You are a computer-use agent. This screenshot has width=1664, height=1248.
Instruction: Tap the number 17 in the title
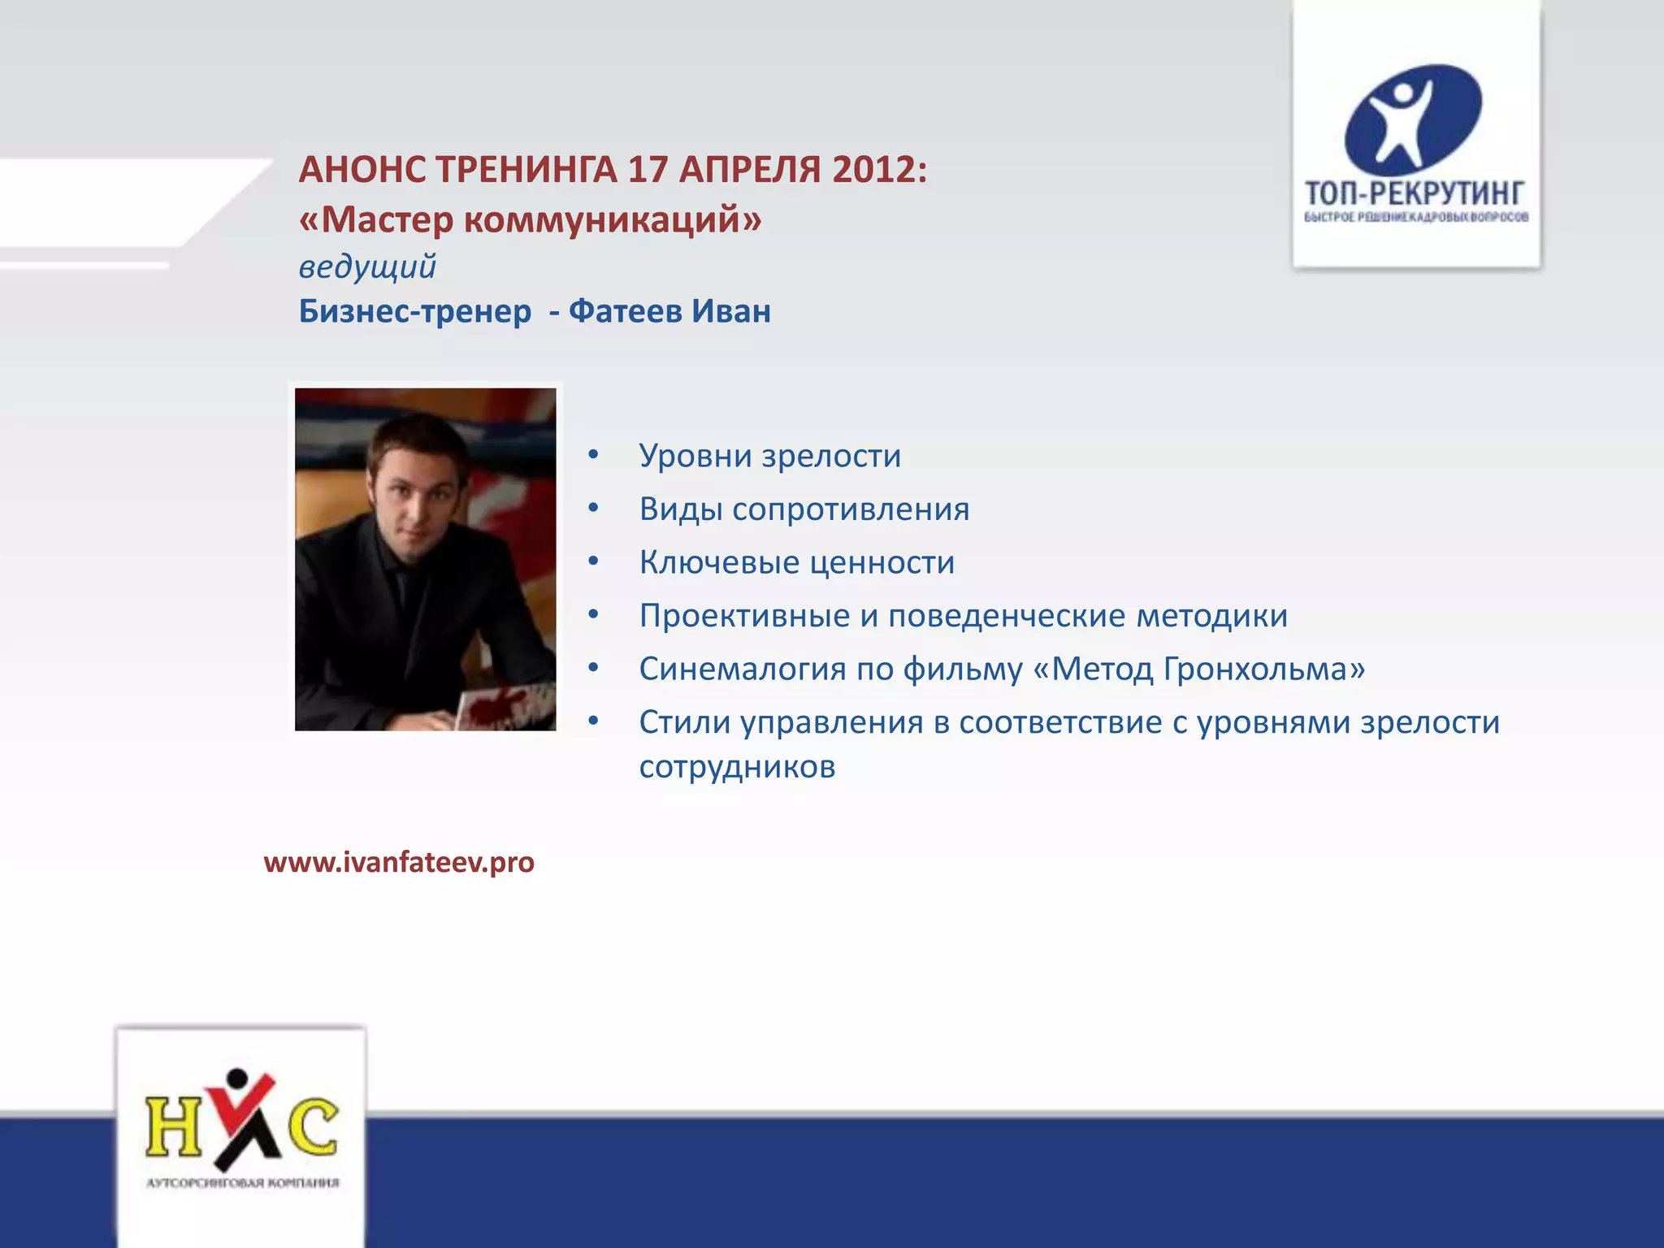[647, 171]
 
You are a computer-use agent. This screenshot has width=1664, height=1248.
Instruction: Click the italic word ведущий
[367, 267]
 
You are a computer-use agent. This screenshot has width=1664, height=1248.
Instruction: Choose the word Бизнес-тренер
[415, 311]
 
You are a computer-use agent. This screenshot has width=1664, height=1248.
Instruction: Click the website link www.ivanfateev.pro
[399, 862]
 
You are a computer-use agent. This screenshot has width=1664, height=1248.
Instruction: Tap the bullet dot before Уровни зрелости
[594, 455]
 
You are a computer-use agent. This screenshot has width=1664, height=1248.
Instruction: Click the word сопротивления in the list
[851, 510]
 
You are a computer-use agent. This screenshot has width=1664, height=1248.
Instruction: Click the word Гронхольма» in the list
[1263, 669]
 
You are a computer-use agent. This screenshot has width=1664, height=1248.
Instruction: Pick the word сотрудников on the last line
[737, 767]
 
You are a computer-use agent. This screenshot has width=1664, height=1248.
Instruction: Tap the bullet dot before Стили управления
[594, 721]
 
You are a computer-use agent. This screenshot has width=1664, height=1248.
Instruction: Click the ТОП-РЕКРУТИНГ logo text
[1415, 193]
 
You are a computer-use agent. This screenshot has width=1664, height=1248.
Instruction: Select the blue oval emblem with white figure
[1413, 119]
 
